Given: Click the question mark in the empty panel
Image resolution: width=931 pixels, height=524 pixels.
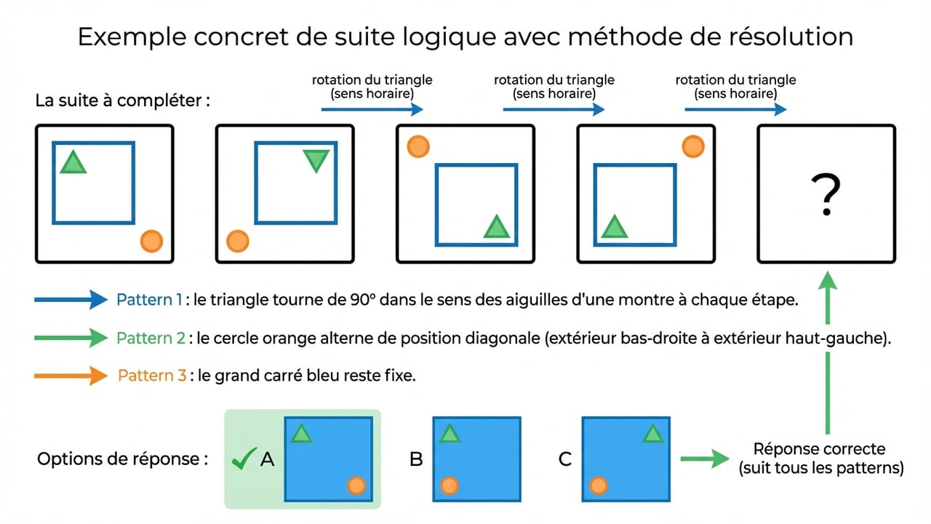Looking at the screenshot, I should pyautogui.click(x=826, y=194).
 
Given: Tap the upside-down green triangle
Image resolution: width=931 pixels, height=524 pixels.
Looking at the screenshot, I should pyautogui.click(x=316, y=160).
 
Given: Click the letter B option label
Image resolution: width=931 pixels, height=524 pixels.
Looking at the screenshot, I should pyautogui.click(x=416, y=459).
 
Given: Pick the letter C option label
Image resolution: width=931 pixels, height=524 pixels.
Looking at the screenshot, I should pyautogui.click(x=565, y=459).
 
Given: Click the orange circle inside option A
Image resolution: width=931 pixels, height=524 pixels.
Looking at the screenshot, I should pyautogui.click(x=356, y=485).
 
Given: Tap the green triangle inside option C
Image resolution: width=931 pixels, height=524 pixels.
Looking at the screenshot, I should pyautogui.click(x=652, y=434).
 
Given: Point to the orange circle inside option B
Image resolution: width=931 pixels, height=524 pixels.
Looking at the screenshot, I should pyautogui.click(x=449, y=485).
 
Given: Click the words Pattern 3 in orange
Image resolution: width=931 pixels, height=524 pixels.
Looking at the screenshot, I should pyautogui.click(x=151, y=376).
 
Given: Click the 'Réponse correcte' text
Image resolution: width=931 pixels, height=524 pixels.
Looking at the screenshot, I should pyautogui.click(x=820, y=449).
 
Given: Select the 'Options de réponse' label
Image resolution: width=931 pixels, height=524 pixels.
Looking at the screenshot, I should pyautogui.click(x=122, y=459).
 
